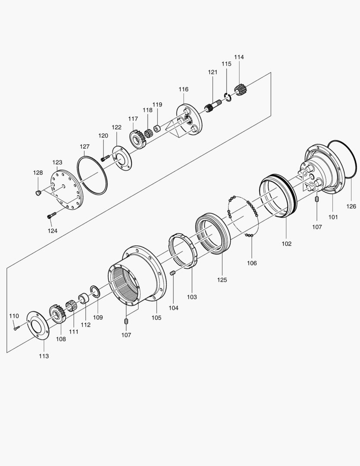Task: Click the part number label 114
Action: click(x=239, y=57)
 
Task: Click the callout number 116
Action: click(x=183, y=89)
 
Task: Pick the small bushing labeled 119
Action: click(x=157, y=129)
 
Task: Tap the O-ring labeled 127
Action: click(x=92, y=175)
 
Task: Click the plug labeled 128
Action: click(x=38, y=193)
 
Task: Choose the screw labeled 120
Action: click(x=105, y=158)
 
